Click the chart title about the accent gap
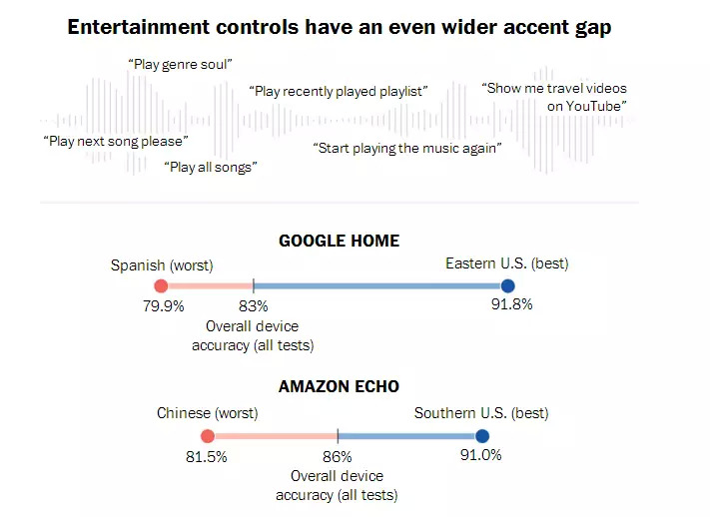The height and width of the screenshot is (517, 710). pos(339,27)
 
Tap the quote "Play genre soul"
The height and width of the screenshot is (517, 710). pos(180,64)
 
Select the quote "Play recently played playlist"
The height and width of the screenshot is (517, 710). pos(339,91)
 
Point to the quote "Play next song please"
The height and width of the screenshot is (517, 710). pos(115,141)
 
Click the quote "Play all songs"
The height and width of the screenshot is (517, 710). pos(210,167)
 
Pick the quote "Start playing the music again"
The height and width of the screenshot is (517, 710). pos(407,147)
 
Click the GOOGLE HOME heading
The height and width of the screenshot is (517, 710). pos(339,241)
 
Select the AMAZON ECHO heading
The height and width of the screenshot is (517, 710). pos(340,387)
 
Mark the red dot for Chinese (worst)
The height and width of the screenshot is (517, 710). pos(208,435)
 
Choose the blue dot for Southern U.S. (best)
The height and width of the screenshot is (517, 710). pos(482,435)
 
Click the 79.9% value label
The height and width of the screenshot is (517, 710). pos(164,306)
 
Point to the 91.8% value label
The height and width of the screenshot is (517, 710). pos(511,304)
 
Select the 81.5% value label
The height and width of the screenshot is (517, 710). pos(207,456)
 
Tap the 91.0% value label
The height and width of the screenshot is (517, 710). pos(480,455)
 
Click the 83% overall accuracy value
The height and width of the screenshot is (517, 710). pos(254,306)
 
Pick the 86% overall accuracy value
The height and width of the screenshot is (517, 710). pos(338,456)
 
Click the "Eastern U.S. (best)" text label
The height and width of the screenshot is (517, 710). pos(506,264)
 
